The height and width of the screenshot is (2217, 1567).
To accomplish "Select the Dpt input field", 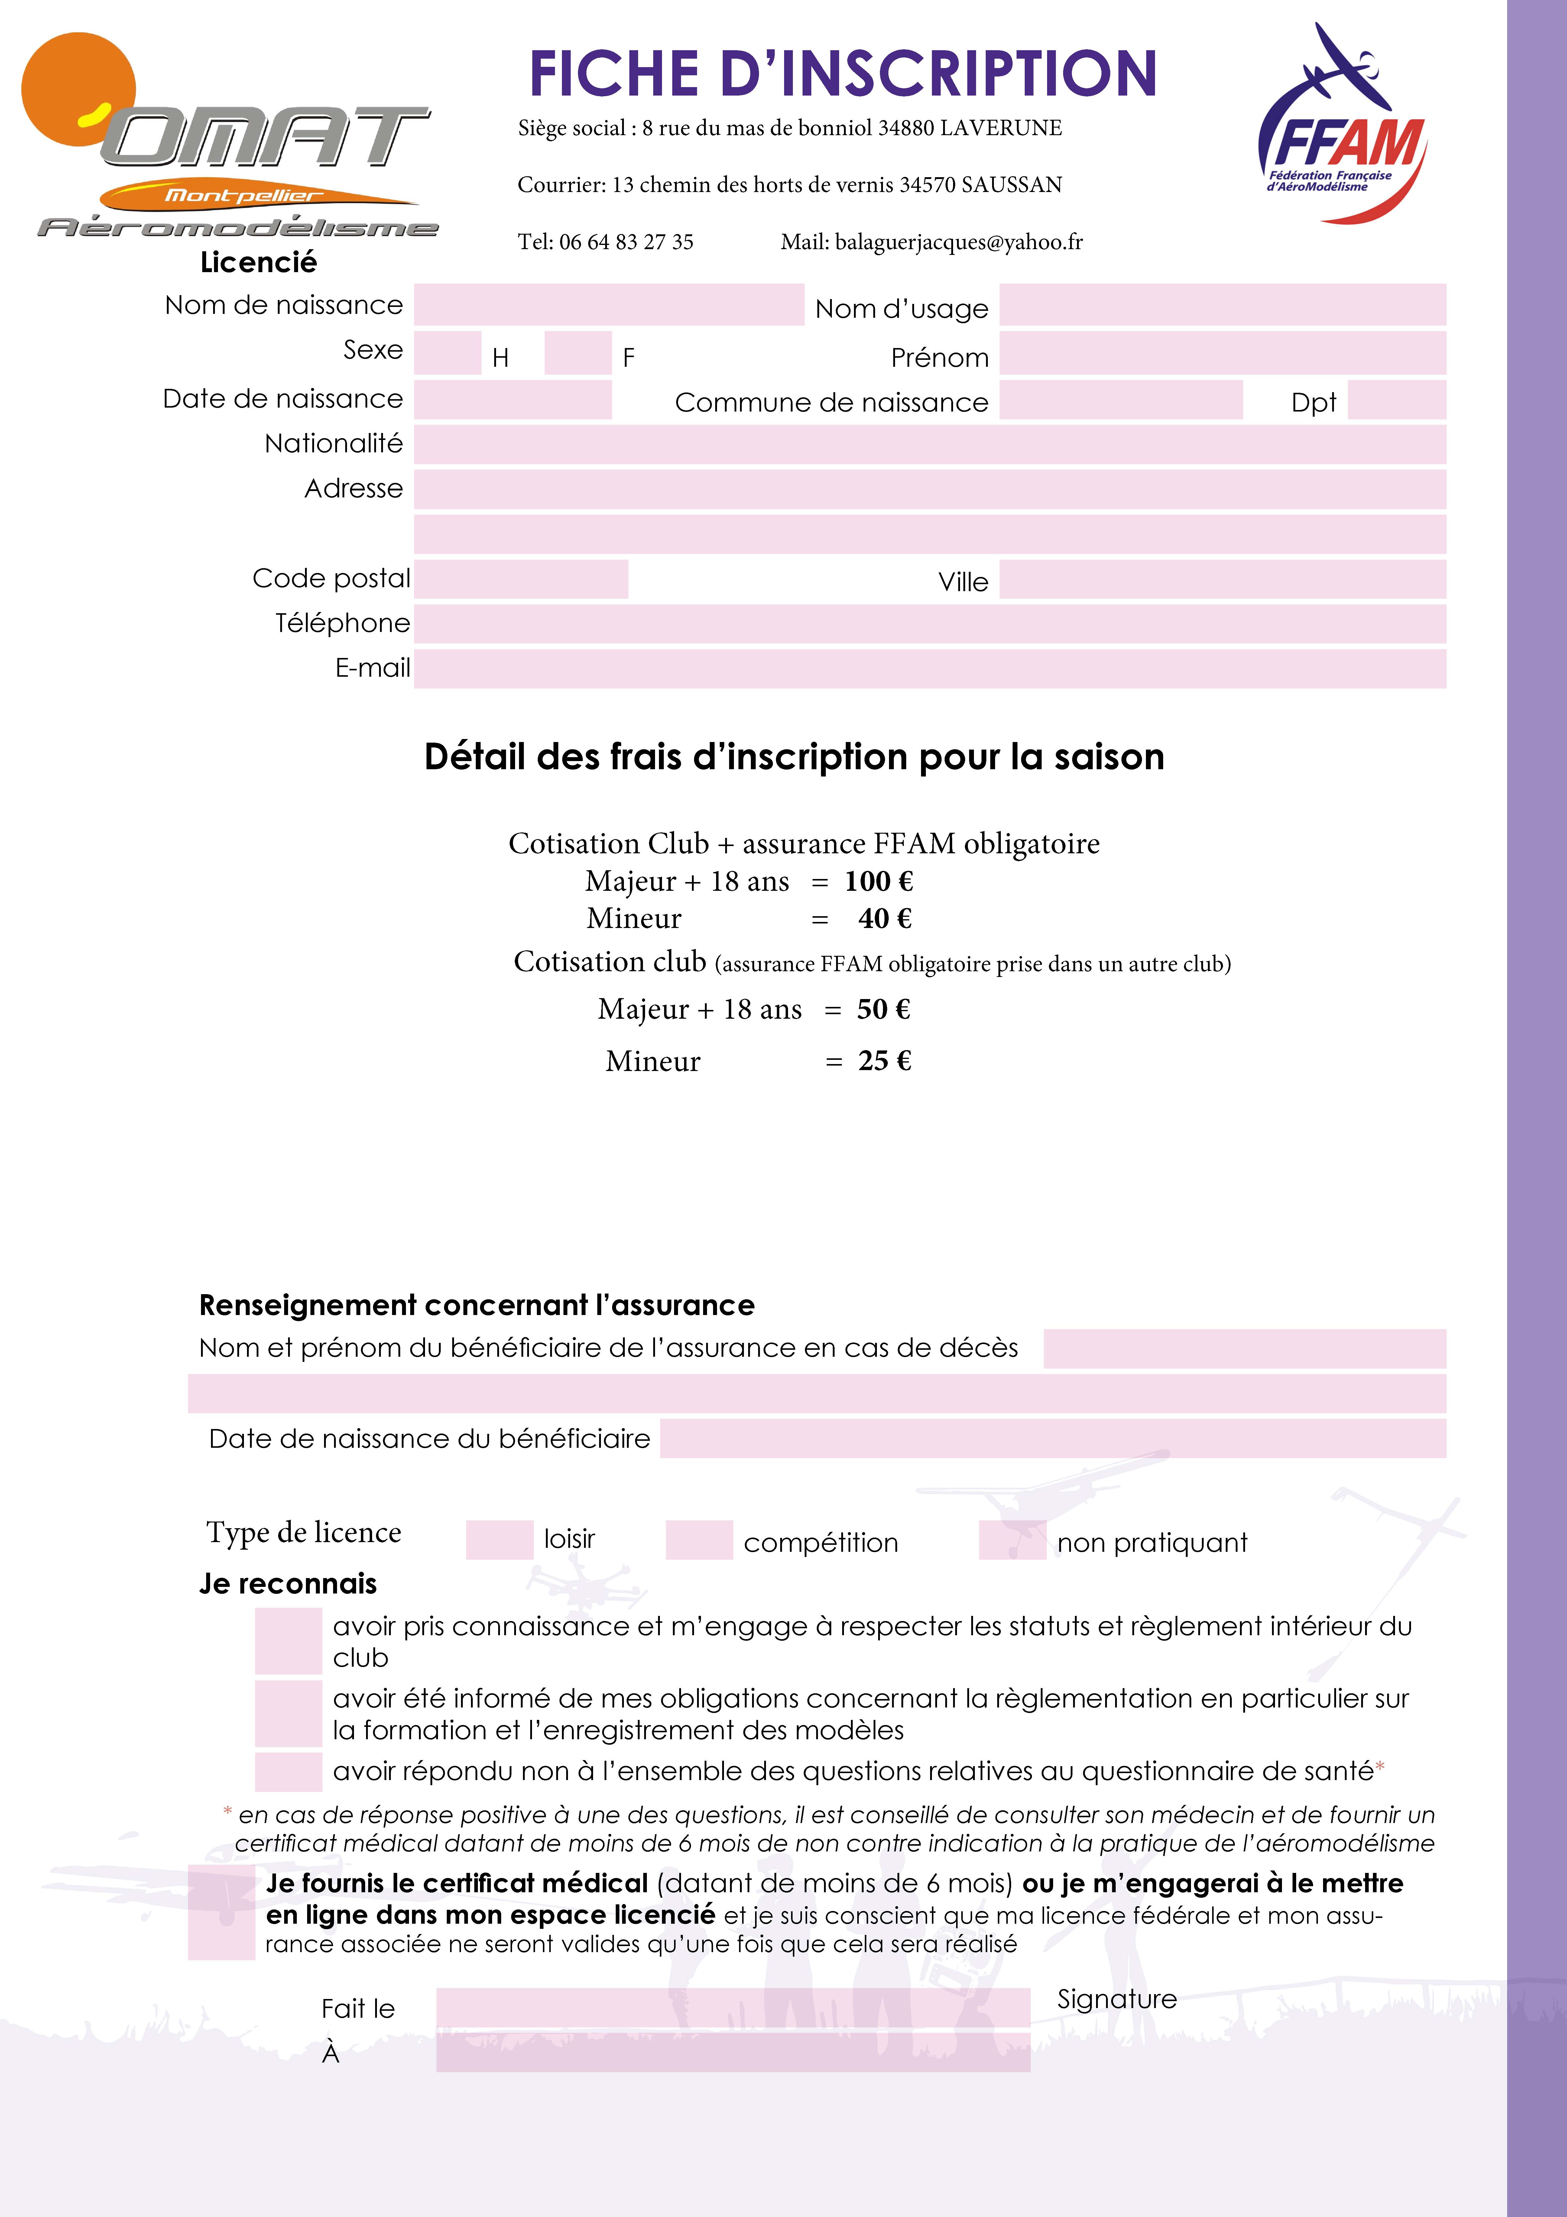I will click(x=1396, y=400).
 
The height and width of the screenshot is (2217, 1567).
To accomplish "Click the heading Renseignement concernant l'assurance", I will click(x=477, y=1305).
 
